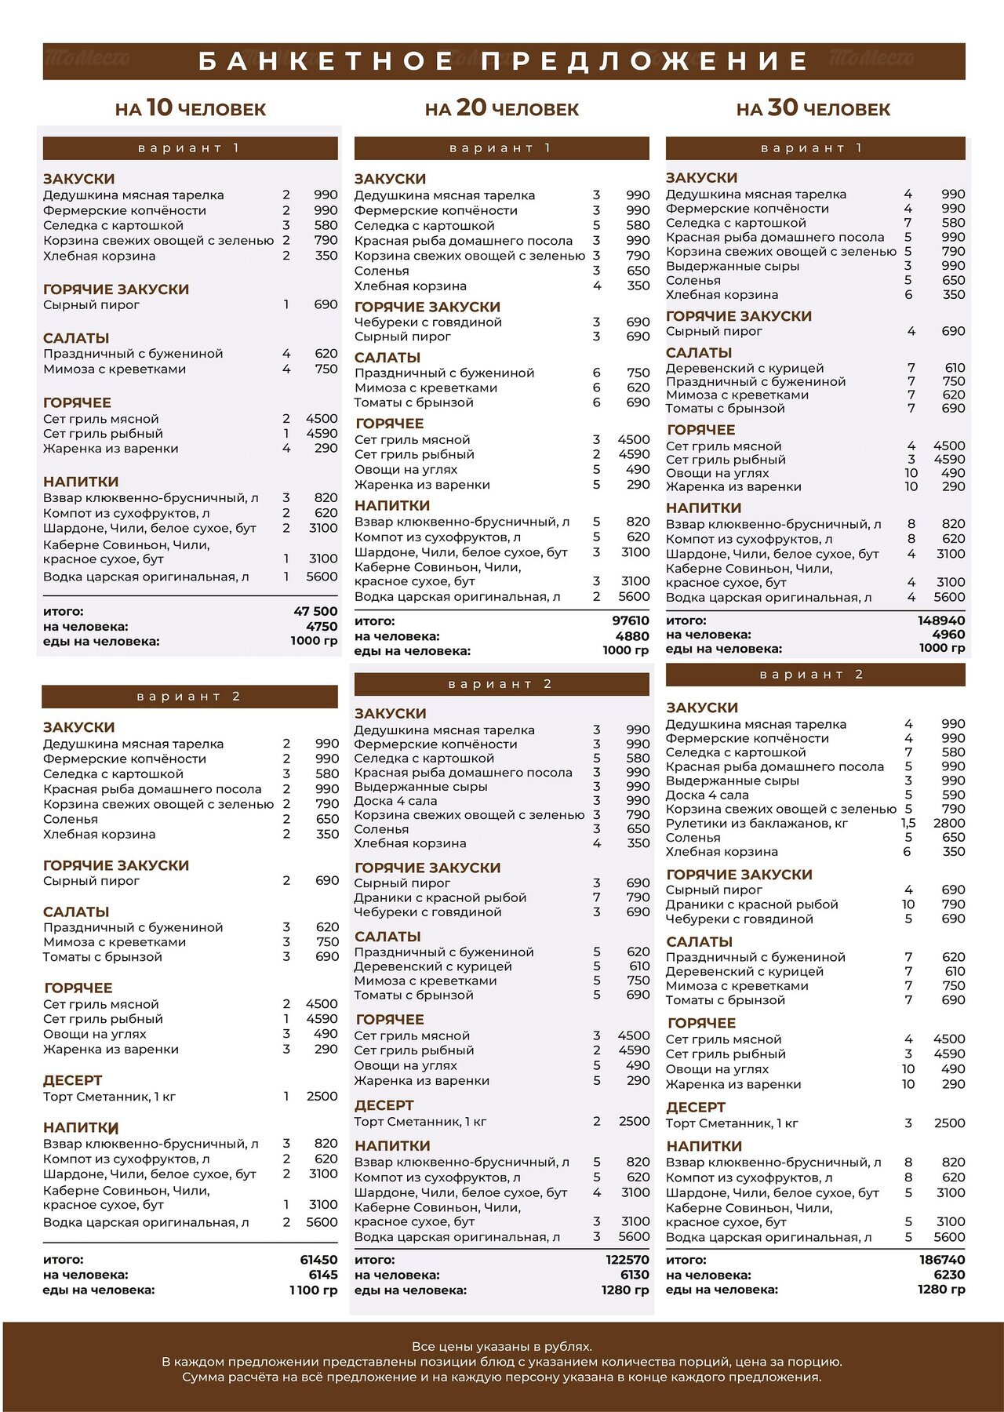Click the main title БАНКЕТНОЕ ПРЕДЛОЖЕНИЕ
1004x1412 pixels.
click(503, 61)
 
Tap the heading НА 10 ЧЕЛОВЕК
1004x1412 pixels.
click(191, 108)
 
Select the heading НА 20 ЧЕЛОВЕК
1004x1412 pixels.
click(502, 108)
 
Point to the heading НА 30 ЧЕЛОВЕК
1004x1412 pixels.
click(813, 108)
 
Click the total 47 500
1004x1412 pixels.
click(315, 611)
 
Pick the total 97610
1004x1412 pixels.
click(631, 620)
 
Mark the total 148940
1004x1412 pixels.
click(941, 620)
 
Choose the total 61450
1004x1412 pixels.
click(318, 1260)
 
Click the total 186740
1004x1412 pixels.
click(942, 1260)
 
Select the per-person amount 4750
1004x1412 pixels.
click(322, 626)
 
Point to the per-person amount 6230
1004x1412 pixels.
click(949, 1275)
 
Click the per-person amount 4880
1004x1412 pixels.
click(632, 636)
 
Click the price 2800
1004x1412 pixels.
click(949, 823)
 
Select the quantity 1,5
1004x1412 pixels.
click(908, 823)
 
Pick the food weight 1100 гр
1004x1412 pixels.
click(313, 1290)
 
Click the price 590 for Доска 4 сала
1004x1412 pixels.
click(953, 795)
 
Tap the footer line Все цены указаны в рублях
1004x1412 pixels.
click(502, 1347)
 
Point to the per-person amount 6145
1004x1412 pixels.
click(323, 1275)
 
